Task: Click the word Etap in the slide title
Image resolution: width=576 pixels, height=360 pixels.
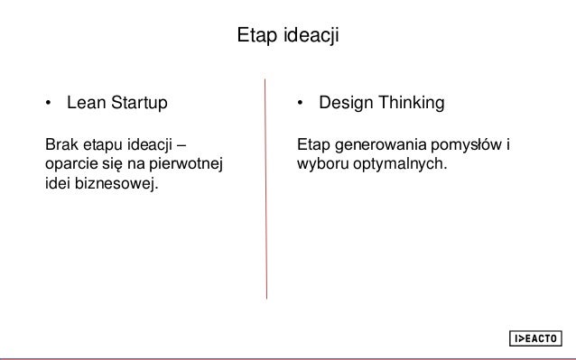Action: pos(253,37)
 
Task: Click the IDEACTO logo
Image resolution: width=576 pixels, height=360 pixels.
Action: pos(534,338)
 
